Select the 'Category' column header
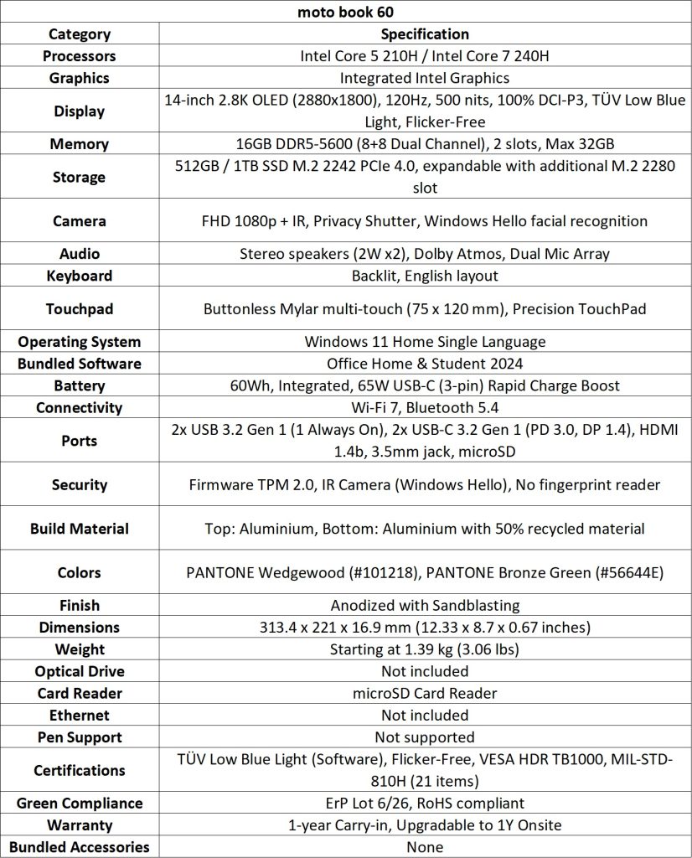point(80,34)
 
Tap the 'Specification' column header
point(425,34)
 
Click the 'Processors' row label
point(80,56)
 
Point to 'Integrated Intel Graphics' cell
point(425,78)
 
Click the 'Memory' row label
point(80,144)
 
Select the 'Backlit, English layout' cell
point(425,276)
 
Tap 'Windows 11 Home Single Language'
point(425,342)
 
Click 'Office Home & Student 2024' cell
point(425,364)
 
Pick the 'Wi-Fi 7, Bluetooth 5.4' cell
point(425,408)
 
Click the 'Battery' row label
point(80,386)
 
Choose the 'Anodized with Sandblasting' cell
point(425,605)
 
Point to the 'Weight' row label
point(80,649)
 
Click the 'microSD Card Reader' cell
point(425,693)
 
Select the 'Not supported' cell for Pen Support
point(425,737)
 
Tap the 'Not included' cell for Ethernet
point(425,716)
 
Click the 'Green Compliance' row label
point(80,804)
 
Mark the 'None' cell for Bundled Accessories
point(425,847)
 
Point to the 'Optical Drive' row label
point(80,671)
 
